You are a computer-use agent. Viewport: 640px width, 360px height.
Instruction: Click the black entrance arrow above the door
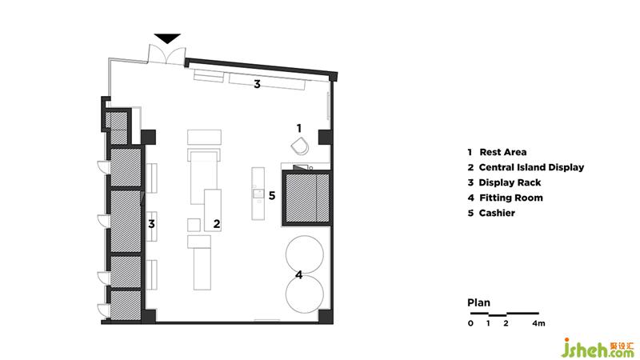[167, 38]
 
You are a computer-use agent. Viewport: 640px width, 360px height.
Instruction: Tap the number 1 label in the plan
[299, 128]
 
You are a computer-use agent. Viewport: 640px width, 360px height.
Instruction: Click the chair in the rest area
[300, 146]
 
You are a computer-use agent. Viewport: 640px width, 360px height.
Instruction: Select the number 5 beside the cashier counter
[272, 195]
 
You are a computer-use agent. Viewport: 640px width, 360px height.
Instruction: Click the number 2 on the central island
[217, 224]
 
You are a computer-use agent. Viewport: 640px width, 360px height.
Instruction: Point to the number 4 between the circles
[299, 274]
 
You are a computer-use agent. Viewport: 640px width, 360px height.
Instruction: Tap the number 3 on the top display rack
[257, 84]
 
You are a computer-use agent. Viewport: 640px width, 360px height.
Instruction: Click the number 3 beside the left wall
[151, 224]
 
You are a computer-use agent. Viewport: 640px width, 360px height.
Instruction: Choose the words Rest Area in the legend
[503, 152]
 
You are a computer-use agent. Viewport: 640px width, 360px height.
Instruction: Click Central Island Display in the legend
[531, 167]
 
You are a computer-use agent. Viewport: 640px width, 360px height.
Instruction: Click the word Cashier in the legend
[497, 213]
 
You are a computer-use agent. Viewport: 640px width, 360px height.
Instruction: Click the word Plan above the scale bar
[478, 303]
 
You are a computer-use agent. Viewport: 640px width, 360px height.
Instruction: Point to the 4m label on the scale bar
[538, 323]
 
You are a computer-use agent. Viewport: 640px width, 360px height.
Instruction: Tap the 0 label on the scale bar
[470, 323]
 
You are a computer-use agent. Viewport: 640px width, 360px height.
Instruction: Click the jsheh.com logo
[598, 348]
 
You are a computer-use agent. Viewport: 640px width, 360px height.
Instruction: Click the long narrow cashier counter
[258, 194]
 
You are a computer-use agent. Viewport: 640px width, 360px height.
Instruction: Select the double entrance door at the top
[166, 54]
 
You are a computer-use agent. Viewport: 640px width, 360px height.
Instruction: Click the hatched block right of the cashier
[306, 198]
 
